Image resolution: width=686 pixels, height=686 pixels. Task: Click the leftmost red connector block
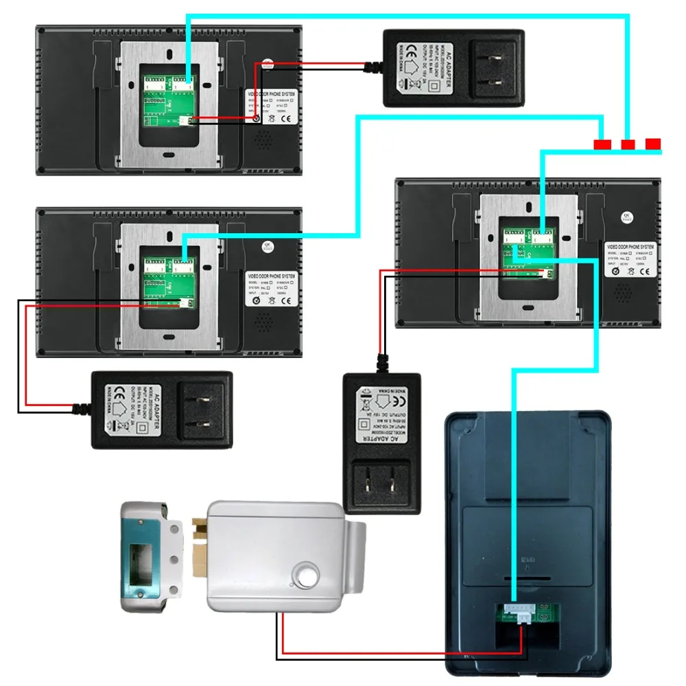tap(602, 145)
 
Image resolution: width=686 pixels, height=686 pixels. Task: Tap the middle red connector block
tap(628, 145)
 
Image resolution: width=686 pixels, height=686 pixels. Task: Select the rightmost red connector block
tap(653, 144)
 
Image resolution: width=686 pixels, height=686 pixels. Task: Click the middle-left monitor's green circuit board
tap(168, 282)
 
